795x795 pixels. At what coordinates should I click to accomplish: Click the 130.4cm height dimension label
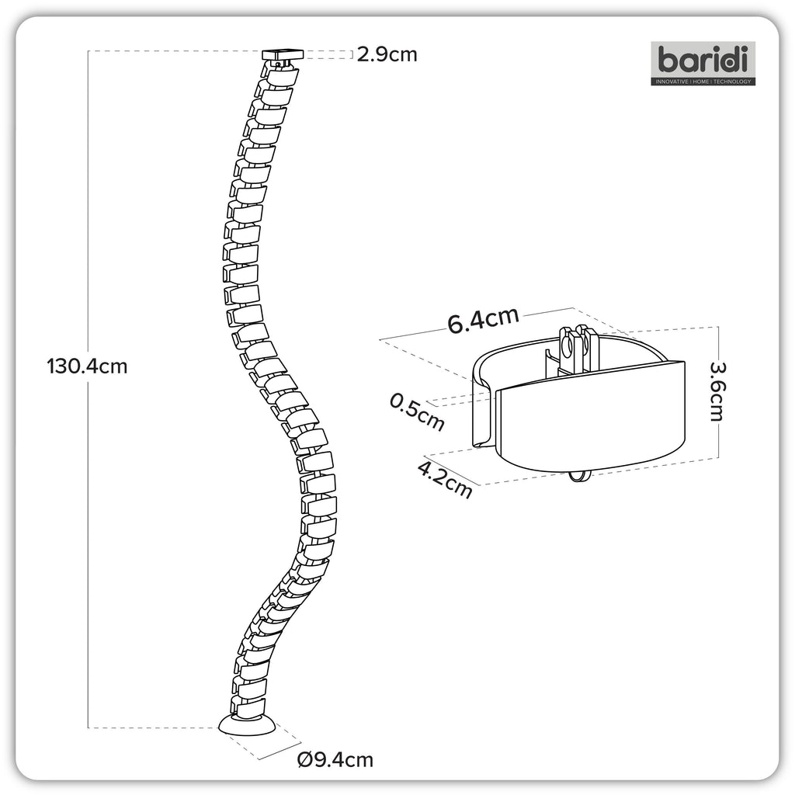point(87,366)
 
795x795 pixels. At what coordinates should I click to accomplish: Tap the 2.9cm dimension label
point(387,54)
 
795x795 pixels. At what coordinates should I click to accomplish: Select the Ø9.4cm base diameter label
point(335,759)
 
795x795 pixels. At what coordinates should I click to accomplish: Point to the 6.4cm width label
point(483,320)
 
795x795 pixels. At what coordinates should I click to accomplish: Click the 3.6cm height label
point(717,391)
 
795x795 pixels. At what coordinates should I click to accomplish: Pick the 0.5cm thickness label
point(417,412)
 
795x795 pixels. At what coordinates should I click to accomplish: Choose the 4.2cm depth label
point(445,478)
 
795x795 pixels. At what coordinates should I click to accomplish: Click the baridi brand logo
point(703,64)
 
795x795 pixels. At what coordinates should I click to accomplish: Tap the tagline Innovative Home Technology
point(703,81)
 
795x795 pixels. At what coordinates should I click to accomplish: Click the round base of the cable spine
point(248,724)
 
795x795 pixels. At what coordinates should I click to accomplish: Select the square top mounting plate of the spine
point(283,54)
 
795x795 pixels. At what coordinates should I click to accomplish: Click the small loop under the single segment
point(578,476)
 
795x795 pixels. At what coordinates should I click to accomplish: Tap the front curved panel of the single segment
point(590,416)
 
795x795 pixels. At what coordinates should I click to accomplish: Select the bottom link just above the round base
point(248,706)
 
